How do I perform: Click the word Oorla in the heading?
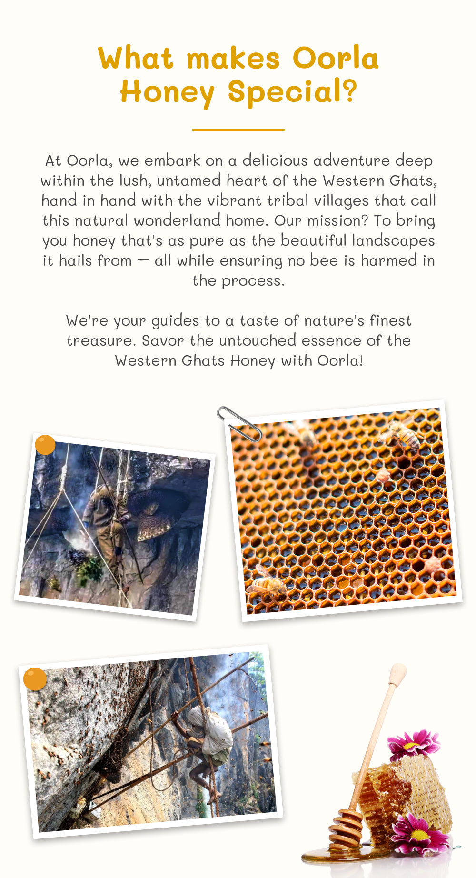point(336,58)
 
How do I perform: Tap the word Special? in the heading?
point(293,91)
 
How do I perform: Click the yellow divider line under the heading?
point(238,130)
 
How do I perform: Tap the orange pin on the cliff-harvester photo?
point(45,445)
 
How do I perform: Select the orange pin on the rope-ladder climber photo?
point(35,679)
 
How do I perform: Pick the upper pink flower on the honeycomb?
point(413,745)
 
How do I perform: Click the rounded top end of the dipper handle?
point(398,673)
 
